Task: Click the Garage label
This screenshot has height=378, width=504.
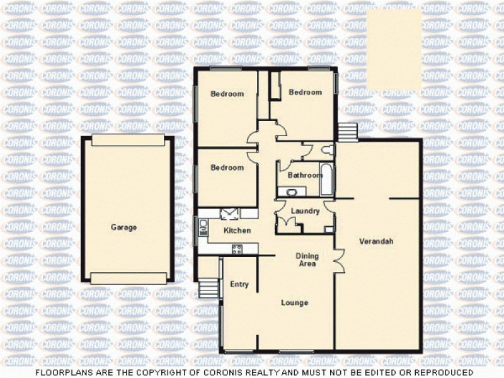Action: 123,227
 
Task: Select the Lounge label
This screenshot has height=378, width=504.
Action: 294,303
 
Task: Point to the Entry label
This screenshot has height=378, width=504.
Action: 239,284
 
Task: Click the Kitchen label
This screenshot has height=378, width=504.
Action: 238,231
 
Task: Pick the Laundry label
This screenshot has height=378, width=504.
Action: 306,211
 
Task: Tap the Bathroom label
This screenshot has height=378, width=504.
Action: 305,175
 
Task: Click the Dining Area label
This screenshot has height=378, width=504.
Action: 308,260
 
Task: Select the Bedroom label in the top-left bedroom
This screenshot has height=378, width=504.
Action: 227,94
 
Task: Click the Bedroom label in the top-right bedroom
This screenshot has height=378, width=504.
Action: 305,92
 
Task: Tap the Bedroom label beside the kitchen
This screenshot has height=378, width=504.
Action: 227,168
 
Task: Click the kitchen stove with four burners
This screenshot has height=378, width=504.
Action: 238,249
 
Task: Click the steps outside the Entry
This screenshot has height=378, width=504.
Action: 207,289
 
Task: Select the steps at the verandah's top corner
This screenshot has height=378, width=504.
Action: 347,132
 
